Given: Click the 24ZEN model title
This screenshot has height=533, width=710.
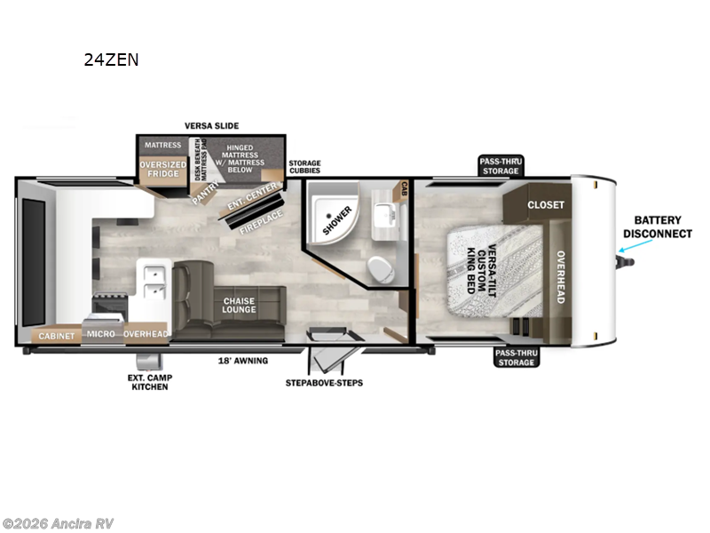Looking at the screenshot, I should pyautogui.click(x=111, y=60).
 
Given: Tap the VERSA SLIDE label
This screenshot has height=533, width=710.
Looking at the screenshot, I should pyautogui.click(x=211, y=126).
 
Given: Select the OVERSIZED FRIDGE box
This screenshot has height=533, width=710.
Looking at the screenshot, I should pyautogui.click(x=161, y=170).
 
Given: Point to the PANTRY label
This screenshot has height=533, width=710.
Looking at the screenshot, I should pyautogui.click(x=206, y=192).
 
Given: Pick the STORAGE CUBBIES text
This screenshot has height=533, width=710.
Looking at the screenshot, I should pyautogui.click(x=304, y=168).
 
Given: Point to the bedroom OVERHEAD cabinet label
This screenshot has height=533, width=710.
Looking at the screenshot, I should pyautogui.click(x=560, y=276).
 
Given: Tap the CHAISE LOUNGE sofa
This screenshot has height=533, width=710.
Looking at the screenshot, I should pyautogui.click(x=238, y=306).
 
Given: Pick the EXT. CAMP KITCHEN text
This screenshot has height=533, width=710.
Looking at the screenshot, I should pyautogui.click(x=150, y=382).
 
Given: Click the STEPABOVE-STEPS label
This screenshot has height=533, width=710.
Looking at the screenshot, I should pyautogui.click(x=324, y=383).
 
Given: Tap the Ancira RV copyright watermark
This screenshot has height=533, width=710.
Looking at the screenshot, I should pyautogui.click(x=58, y=523).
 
